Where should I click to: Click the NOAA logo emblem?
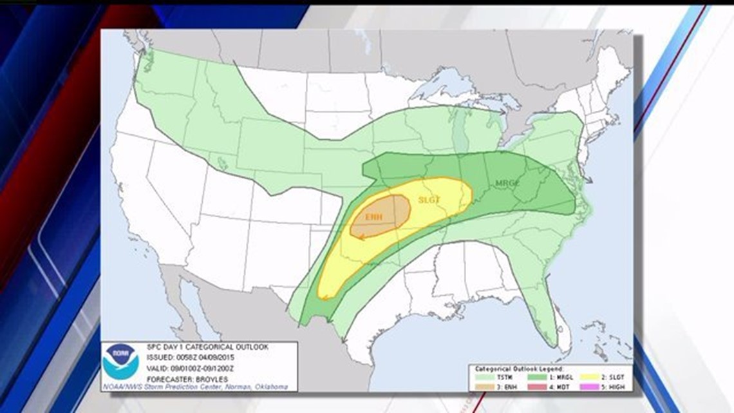pyautogui.click(x=120, y=361)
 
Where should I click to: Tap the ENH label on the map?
pyautogui.click(x=373, y=217)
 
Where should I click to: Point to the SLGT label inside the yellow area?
pyautogui.click(x=429, y=200)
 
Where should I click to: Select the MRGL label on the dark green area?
pyautogui.click(x=507, y=184)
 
